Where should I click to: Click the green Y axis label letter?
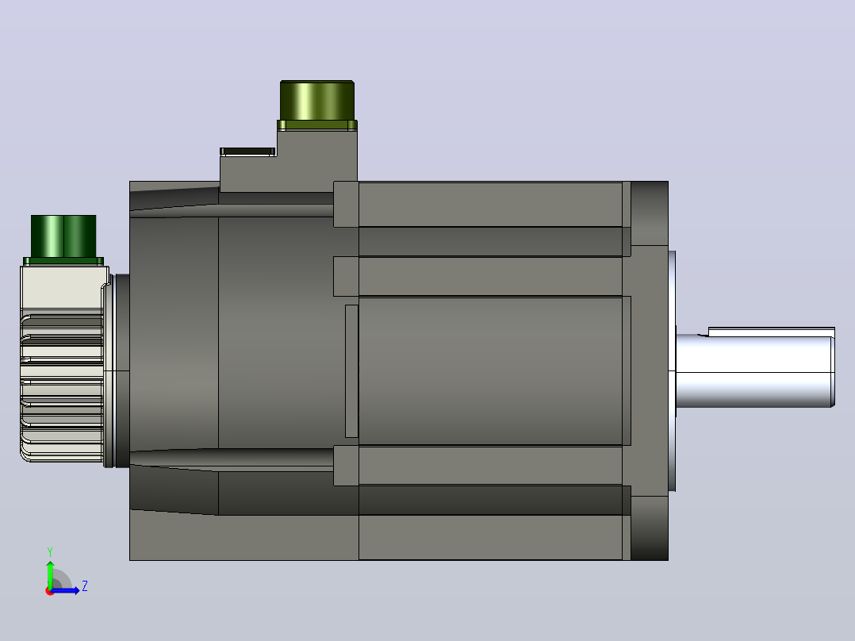(50, 552)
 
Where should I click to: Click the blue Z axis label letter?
(85, 586)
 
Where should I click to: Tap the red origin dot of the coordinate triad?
(50, 591)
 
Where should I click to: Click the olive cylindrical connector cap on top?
(317, 101)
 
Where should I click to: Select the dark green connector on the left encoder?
(63, 236)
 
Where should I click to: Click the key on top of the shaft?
(771, 332)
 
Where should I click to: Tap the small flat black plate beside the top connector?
(247, 151)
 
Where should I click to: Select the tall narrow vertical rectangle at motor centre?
(351, 371)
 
